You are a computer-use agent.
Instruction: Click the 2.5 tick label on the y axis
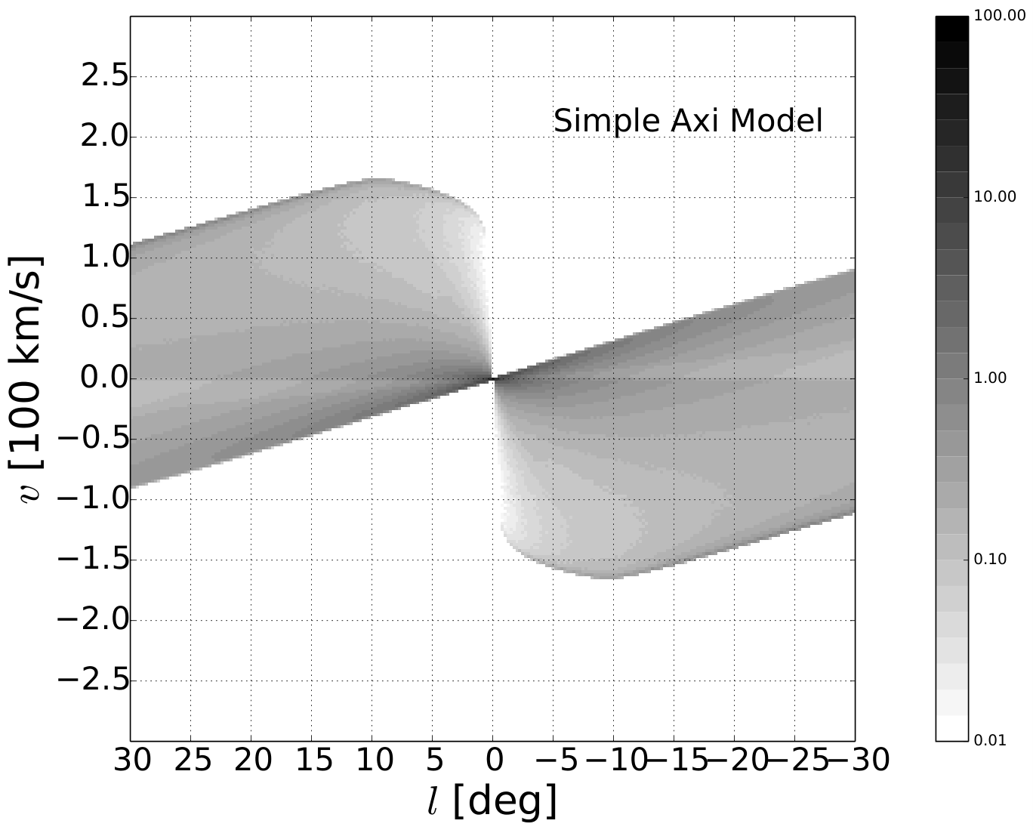(105, 76)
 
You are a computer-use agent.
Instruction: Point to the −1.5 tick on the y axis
(94, 560)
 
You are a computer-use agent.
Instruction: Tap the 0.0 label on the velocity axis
(105, 378)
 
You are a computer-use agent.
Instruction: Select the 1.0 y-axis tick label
(106, 258)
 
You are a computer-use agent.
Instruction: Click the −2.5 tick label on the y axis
(94, 680)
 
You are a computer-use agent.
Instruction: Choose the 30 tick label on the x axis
(132, 761)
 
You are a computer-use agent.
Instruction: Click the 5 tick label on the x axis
(434, 761)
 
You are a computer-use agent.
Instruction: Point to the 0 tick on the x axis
(495, 761)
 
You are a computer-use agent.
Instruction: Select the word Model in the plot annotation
(776, 121)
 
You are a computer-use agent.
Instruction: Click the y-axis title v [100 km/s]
(26, 378)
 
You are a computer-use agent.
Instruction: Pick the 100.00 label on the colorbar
(1000, 16)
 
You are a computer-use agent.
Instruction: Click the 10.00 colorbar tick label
(995, 197)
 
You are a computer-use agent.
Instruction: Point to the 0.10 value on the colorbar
(990, 559)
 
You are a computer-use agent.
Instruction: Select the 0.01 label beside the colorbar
(990, 740)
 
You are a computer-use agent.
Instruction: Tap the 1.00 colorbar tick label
(990, 378)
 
